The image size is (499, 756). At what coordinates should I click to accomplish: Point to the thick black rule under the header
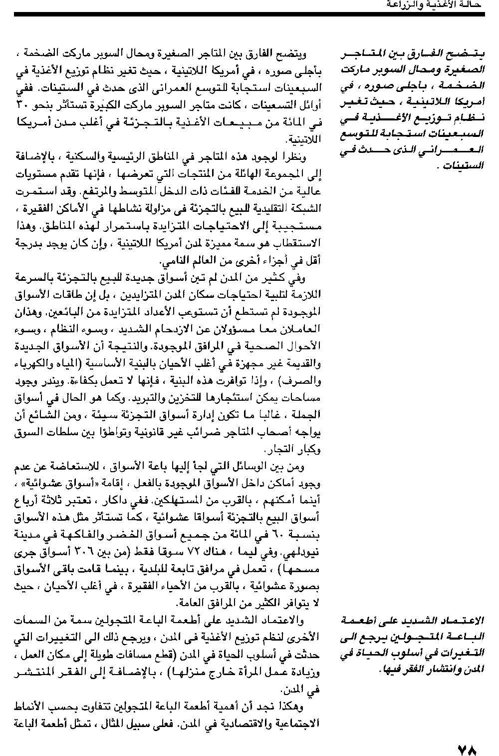coord(249,15)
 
